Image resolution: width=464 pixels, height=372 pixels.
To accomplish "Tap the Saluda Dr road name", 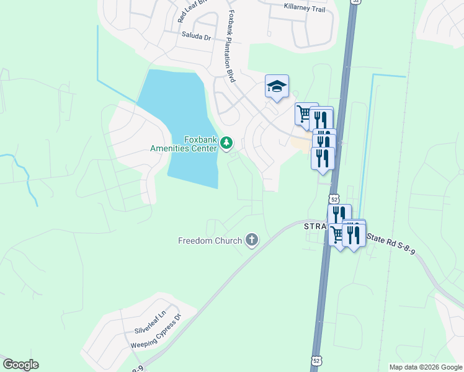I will [197, 37].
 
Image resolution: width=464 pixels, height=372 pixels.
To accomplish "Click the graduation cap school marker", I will [277, 87].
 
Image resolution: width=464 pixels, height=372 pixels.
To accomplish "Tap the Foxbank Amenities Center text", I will [184, 143].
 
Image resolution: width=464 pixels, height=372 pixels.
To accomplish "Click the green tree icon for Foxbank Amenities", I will [226, 144].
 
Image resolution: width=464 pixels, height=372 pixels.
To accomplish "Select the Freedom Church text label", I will [210, 241].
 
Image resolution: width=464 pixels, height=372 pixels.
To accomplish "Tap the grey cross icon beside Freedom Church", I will [251, 240].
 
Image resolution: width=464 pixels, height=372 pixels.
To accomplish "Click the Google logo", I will [20, 365].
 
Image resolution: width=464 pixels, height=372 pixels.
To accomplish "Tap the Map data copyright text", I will [425, 367].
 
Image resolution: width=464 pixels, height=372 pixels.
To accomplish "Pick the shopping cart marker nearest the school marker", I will [304, 114].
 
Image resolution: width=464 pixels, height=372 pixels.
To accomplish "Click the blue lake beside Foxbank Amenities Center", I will [186, 112].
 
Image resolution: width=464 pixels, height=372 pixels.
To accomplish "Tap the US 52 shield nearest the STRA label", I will [334, 199].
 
